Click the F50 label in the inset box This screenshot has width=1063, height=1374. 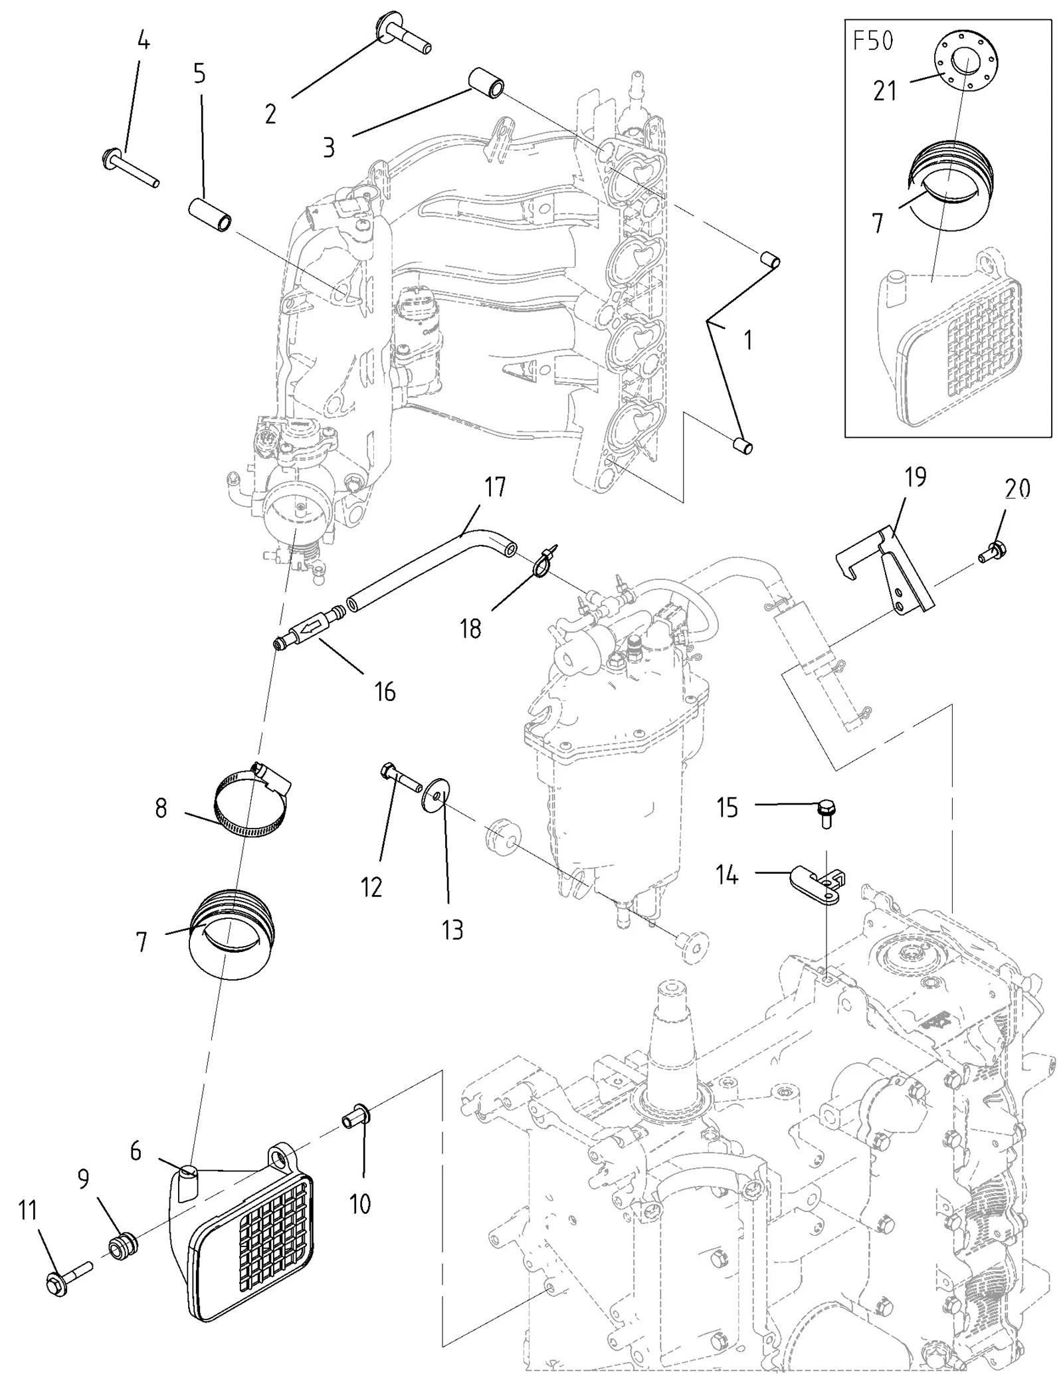tap(873, 42)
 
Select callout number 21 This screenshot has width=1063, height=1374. tap(885, 91)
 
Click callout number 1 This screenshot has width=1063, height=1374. tap(748, 340)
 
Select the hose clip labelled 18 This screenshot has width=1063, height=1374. tap(543, 561)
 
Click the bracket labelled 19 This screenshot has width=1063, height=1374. tap(885, 571)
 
